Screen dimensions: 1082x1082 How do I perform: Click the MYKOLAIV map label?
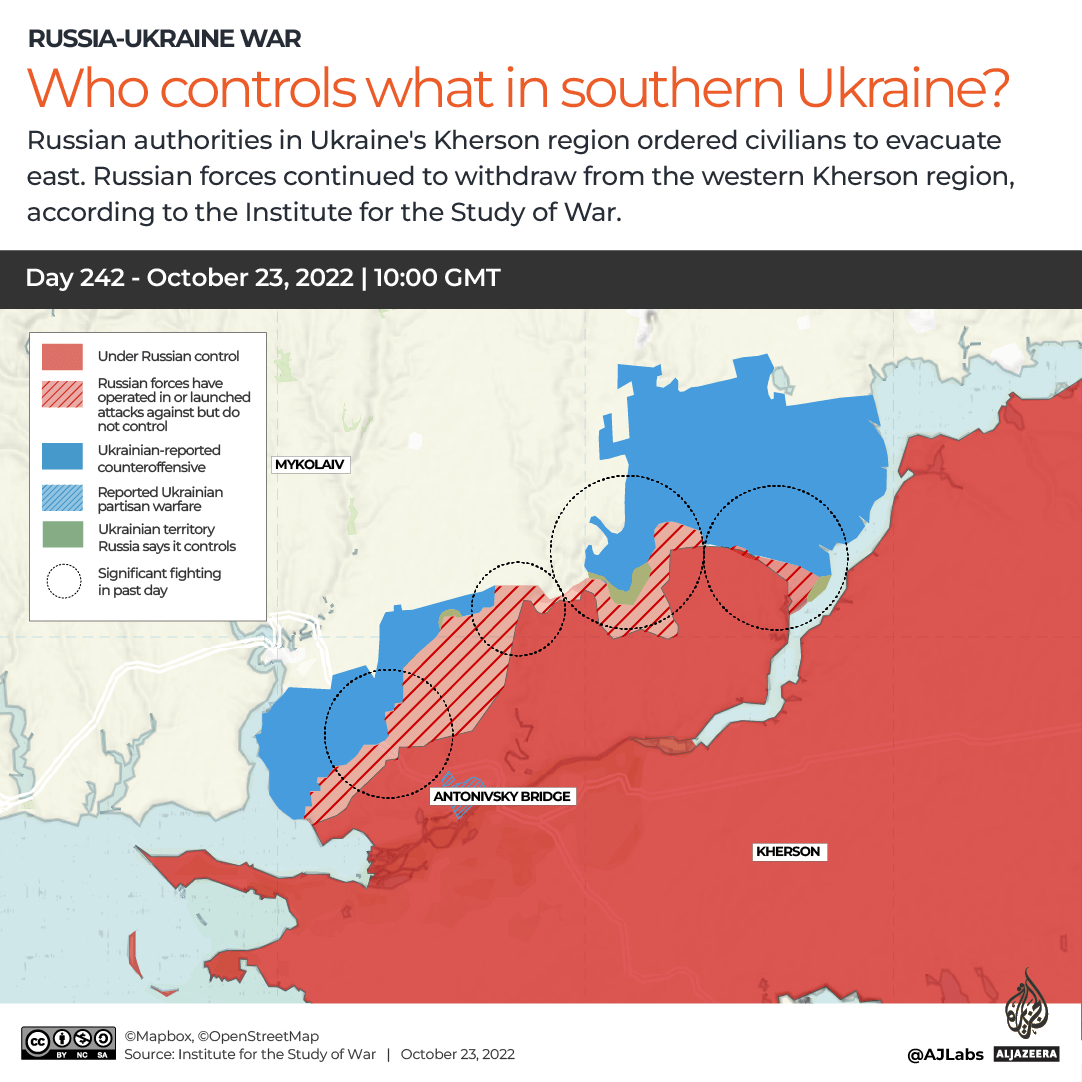click(312, 465)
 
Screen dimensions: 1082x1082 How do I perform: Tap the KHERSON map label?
click(788, 852)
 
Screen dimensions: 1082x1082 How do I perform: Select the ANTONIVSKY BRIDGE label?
click(503, 797)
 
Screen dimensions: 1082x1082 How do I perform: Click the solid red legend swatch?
click(62, 356)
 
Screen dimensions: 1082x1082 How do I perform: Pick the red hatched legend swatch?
click(62, 396)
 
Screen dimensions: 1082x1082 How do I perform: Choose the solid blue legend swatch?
click(62, 458)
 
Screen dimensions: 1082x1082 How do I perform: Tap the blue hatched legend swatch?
click(62, 499)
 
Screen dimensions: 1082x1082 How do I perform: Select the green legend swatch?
click(62, 536)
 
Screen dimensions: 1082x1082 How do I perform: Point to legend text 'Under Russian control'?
click(168, 356)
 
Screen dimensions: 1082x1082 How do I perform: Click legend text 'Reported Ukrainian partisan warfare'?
click(160, 499)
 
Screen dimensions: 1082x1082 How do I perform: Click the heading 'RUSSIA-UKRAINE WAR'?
click(164, 39)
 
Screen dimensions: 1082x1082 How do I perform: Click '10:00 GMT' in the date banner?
click(436, 278)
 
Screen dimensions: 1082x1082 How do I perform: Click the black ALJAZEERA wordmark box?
click(1027, 1054)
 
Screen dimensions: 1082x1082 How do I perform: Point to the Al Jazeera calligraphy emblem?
click(1027, 1004)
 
